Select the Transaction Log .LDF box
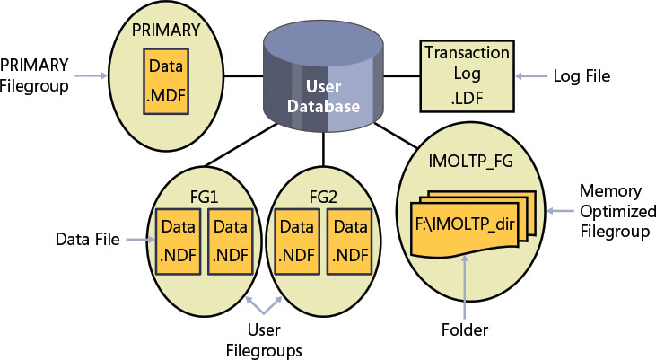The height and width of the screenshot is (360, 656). click(466, 76)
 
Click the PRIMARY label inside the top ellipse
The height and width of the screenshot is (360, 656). click(166, 30)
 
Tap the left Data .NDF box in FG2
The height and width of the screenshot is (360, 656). click(293, 240)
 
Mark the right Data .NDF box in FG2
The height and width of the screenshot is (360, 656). click(349, 240)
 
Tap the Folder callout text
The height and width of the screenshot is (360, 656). click(465, 330)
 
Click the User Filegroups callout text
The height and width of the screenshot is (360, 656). click(276, 340)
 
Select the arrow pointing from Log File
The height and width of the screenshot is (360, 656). click(538, 77)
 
